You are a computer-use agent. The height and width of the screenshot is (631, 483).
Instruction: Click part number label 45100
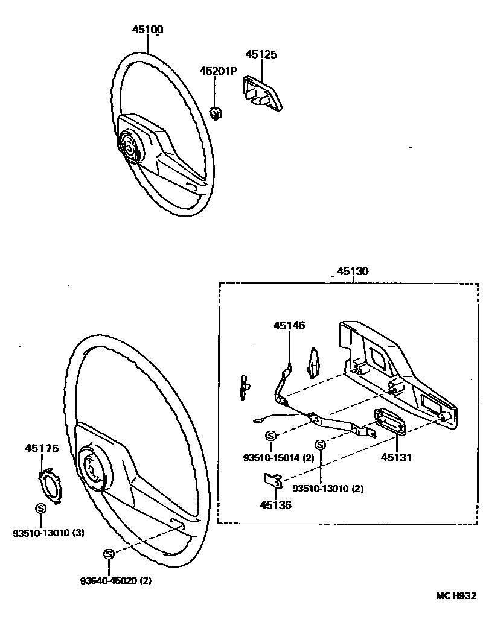148,29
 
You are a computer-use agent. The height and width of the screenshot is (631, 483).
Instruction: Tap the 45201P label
219,71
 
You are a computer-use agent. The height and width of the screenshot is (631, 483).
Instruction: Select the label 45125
261,54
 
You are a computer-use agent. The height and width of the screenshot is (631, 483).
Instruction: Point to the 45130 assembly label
352,271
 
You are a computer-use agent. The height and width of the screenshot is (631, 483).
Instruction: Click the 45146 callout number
289,325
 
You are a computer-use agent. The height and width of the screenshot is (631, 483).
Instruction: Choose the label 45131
395,458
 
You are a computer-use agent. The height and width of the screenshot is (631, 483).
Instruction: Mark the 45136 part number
276,505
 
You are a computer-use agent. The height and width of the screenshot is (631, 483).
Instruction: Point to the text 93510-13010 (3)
48,533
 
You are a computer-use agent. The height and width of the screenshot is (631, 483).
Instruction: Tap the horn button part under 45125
263,93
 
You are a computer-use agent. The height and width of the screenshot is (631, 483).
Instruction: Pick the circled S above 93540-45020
109,554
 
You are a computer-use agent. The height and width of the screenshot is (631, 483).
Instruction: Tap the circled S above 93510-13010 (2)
320,446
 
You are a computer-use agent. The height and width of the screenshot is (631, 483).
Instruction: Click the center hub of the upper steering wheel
129,148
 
